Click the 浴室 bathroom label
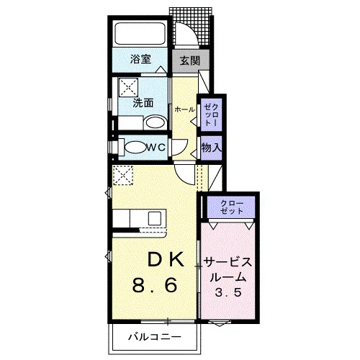[140, 59]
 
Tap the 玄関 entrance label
[190, 60]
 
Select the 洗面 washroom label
[143, 103]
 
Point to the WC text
[156, 147]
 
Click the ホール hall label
[184, 109]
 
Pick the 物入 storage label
[212, 147]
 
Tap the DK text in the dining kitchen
[166, 259]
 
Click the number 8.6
[155, 284]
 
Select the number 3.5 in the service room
[228, 292]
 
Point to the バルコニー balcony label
[155, 337]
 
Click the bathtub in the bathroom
[140, 33]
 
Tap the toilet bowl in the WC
[135, 147]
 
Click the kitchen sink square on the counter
[155, 218]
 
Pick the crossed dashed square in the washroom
[129, 87]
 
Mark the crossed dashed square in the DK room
[123, 175]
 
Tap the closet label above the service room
[232, 207]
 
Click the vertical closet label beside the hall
[211, 115]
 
